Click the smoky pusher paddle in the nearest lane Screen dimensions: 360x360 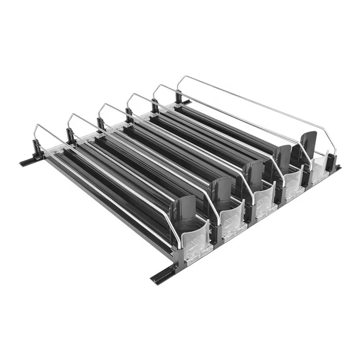point(182,211)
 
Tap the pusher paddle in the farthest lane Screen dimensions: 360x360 point(309,144)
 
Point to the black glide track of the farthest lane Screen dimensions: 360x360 point(234,121)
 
